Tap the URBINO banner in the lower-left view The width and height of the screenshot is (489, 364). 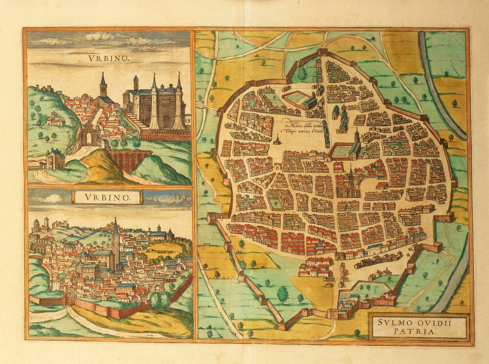[108, 197]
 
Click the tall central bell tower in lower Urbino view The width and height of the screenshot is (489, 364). [116, 242]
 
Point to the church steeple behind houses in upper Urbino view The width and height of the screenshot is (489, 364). [103, 87]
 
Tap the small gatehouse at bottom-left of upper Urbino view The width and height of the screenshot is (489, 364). [56, 159]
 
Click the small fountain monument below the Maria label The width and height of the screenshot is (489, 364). [277, 140]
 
